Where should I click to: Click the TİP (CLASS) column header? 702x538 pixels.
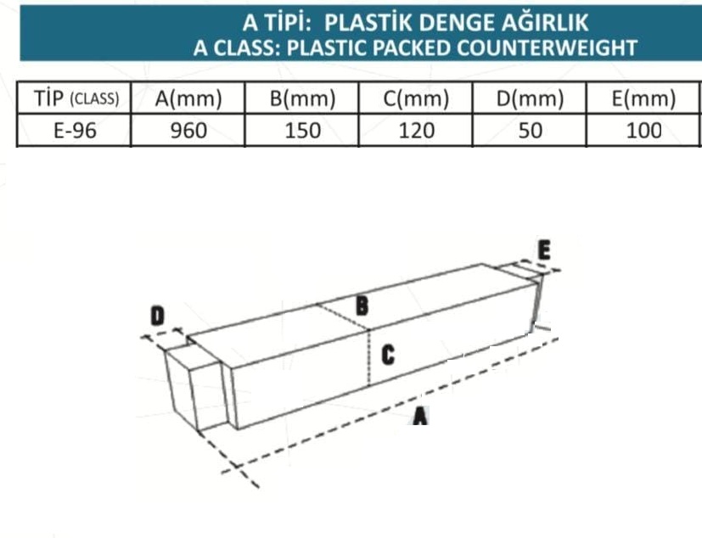(x=76, y=98)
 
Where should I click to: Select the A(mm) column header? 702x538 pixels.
(x=188, y=98)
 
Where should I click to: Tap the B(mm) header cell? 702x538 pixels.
(x=303, y=98)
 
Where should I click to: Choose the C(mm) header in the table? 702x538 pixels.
(x=416, y=98)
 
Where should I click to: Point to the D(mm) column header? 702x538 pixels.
(x=530, y=98)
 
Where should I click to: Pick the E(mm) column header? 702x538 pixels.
(x=643, y=98)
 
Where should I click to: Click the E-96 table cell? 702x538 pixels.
(x=75, y=130)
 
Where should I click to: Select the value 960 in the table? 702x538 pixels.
(x=188, y=130)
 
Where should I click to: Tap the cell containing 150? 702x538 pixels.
(x=303, y=130)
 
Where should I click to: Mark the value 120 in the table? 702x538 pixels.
(x=417, y=130)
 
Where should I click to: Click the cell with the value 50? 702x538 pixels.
(x=530, y=130)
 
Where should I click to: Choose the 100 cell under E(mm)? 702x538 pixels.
(x=643, y=130)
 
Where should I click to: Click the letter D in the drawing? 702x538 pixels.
(x=157, y=316)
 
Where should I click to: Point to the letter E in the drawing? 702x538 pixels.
(x=544, y=249)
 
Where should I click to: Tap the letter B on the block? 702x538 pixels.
(x=362, y=306)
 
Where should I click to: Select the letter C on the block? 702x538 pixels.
(x=388, y=356)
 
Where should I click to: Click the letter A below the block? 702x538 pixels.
(x=420, y=415)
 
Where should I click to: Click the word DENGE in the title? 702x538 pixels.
(x=457, y=23)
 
